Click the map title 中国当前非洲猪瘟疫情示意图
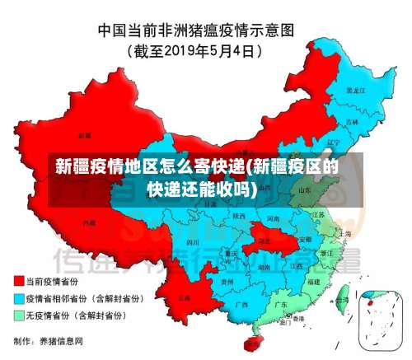pos(205,30)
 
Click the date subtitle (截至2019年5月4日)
pos(206,51)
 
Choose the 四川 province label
pos(193,243)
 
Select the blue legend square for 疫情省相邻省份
pos(19,298)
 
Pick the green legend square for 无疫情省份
pos(19,315)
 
